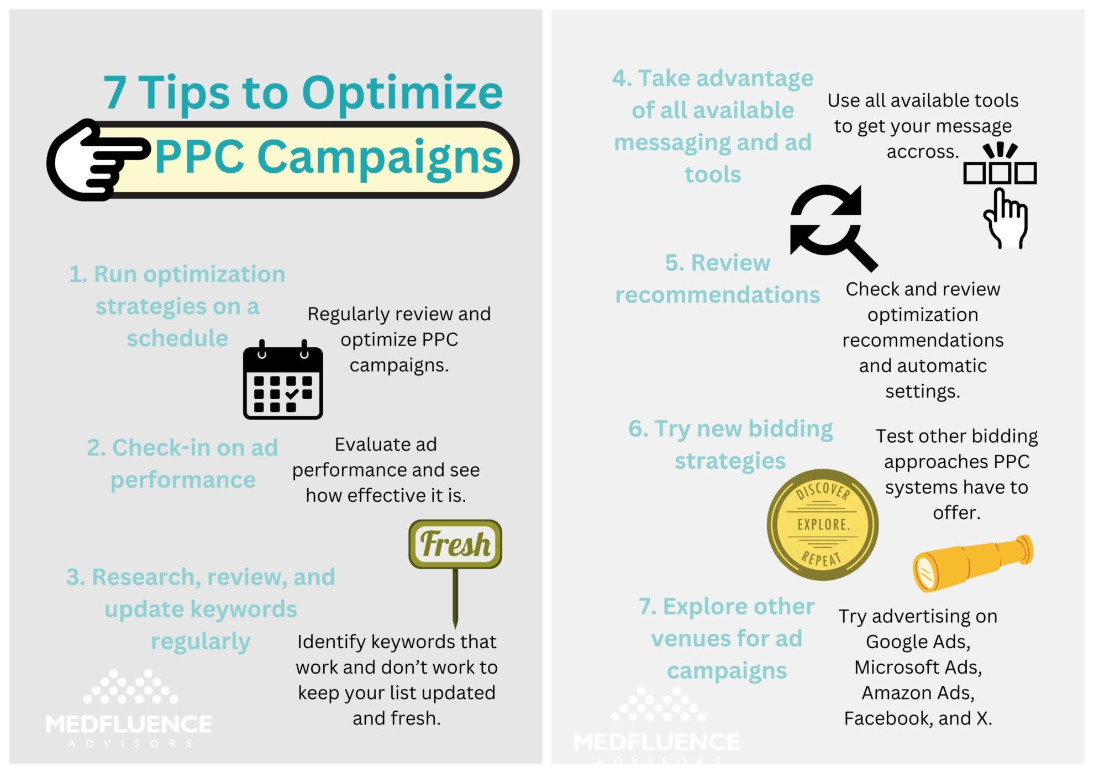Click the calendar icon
pos(283,380)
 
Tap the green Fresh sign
pos(455,544)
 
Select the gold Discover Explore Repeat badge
pos(822,524)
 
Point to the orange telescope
pos(972,562)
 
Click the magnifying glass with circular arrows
pos(832,226)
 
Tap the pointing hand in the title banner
pos(94,160)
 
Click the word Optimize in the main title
pos(402,93)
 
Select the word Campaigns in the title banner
pos(380,157)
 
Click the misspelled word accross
pos(922,151)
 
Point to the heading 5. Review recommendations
pos(717,279)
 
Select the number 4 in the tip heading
pos(620,78)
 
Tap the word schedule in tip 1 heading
pos(177,338)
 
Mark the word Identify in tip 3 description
pos(332,642)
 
